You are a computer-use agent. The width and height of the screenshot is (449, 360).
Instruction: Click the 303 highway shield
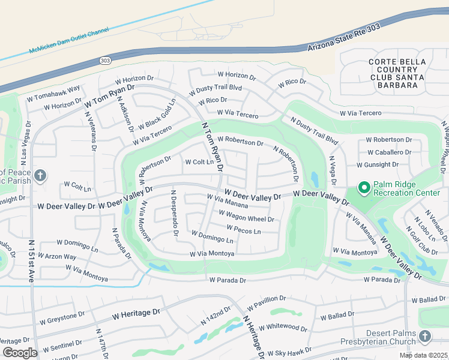click(105, 61)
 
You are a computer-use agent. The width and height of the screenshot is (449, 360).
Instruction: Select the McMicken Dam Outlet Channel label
click(70, 41)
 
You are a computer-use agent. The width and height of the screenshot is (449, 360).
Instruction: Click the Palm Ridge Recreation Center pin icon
click(363, 188)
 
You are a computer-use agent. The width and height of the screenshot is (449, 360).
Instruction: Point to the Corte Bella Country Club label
click(397, 73)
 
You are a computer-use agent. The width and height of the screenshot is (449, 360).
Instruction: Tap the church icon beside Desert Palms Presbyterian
click(425, 337)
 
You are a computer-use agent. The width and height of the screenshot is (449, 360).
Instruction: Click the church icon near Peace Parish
click(40, 176)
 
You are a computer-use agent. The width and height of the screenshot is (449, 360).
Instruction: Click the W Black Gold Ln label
click(156, 115)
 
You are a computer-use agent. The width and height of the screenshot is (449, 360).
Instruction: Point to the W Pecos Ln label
click(244, 230)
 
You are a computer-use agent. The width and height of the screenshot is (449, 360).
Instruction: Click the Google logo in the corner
click(20, 352)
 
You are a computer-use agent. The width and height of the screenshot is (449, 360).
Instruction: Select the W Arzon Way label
click(58, 257)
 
